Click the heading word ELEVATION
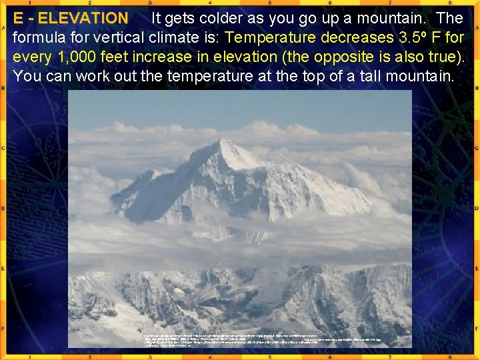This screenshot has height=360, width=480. click(x=83, y=18)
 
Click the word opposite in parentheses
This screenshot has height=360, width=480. click(x=333, y=57)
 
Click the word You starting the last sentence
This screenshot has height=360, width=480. click(x=27, y=76)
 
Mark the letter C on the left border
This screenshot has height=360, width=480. click(x=4, y=148)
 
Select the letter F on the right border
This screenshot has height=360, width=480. click(x=476, y=328)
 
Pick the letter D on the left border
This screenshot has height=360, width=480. click(x=4, y=208)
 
